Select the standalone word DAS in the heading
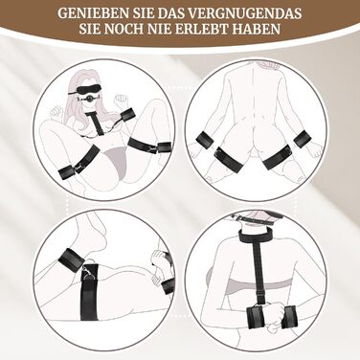coord(159,13)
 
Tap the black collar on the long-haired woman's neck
coord(92,113)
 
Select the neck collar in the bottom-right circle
coord(253,236)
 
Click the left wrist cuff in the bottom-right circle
coord(257,317)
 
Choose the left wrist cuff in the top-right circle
coord(206,140)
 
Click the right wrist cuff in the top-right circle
coord(302,140)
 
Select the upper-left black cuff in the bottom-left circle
coord(71,258)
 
